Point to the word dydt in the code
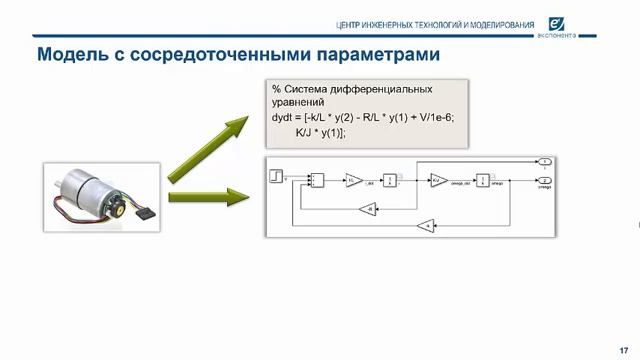tap(285, 117)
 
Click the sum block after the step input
tap(316, 180)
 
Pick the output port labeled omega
tap(543, 180)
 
